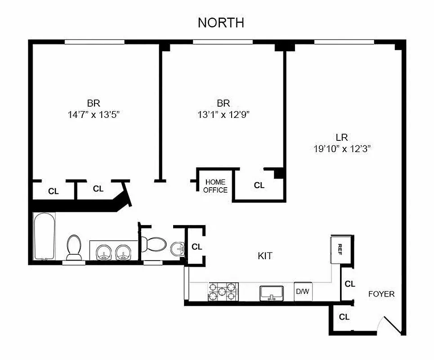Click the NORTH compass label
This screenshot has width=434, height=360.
(221, 23)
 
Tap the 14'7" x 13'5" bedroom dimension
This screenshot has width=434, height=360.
(94, 114)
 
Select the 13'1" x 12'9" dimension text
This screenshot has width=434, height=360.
(224, 114)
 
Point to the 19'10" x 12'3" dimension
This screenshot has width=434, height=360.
(345, 148)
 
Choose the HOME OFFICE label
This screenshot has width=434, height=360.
(215, 186)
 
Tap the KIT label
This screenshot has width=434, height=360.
(265, 256)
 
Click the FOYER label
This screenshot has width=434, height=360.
(381, 294)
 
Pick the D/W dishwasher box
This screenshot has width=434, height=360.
(302, 292)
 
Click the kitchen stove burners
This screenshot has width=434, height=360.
(222, 292)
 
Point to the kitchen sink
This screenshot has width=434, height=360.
(271, 293)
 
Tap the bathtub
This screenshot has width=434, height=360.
(45, 236)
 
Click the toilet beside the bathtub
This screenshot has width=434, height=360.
(74, 247)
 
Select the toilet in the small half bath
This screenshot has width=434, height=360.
(153, 244)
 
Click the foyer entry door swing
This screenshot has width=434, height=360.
(391, 325)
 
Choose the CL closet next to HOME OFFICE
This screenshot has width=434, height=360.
(259, 185)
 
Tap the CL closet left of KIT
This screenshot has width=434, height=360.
(197, 247)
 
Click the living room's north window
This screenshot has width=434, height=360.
(344, 42)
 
